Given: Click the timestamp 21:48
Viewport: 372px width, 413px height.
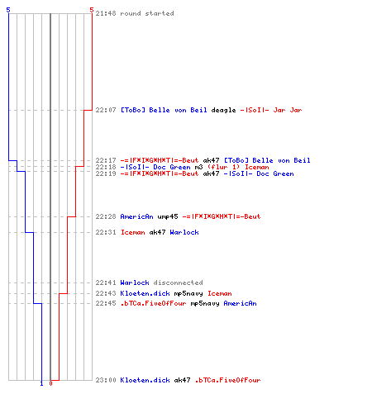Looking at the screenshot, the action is pyautogui.click(x=106, y=13).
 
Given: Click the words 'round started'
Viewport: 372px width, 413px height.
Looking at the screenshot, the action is pyautogui.click(x=147, y=13).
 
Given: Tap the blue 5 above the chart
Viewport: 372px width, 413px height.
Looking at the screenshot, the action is pyautogui.click(x=8, y=10).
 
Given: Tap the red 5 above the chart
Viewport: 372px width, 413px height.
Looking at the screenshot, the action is pyautogui.click(x=92, y=10).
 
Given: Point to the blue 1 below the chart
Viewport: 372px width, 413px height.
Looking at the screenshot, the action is pyautogui.click(x=41, y=383).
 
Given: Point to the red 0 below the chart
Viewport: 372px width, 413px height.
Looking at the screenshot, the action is pyautogui.click(x=50, y=383).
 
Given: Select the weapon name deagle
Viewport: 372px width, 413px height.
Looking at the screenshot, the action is pyautogui.click(x=223, y=111).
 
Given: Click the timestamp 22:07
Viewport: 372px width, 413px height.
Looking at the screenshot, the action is pyautogui.click(x=106, y=110).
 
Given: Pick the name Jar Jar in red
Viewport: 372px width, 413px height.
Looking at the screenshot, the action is pyautogui.click(x=288, y=110).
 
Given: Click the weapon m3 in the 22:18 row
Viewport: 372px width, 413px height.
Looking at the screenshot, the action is pyautogui.click(x=198, y=167).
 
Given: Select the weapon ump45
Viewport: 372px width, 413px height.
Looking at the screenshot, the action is pyautogui.click(x=168, y=217).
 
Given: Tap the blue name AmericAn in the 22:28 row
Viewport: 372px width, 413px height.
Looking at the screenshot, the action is pyautogui.click(x=136, y=216).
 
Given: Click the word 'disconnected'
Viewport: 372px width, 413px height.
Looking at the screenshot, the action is pyautogui.click(x=178, y=282).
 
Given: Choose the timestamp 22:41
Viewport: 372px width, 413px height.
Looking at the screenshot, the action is pyautogui.click(x=106, y=282).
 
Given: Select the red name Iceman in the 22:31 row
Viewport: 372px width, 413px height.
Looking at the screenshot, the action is pyautogui.click(x=133, y=232).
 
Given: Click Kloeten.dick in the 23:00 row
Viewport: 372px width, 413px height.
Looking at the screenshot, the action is pyautogui.click(x=145, y=380).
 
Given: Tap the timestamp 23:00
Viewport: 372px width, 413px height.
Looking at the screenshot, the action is pyautogui.click(x=106, y=380).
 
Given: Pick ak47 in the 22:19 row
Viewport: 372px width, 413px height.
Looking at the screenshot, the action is pyautogui.click(x=211, y=173).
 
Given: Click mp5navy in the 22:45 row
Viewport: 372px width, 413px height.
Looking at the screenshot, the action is pyautogui.click(x=205, y=304).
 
